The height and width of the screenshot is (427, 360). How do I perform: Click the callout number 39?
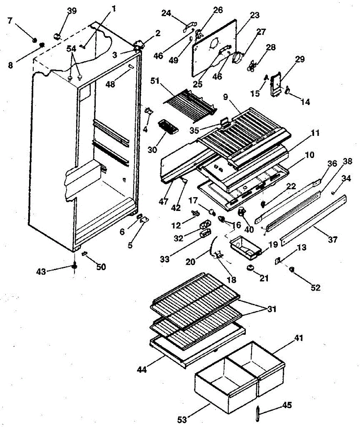coord(72,11)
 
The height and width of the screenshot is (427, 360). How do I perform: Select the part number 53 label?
coord(182,420)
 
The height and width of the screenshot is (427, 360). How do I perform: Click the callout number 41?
coord(299,338)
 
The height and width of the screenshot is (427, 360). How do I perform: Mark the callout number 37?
coord(332,240)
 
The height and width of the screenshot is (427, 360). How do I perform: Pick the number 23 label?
coord(254,15)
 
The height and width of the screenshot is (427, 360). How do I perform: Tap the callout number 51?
coord(155,81)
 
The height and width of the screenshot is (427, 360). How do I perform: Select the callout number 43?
coord(41,271)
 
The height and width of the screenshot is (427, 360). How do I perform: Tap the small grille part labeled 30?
coord(167,127)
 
